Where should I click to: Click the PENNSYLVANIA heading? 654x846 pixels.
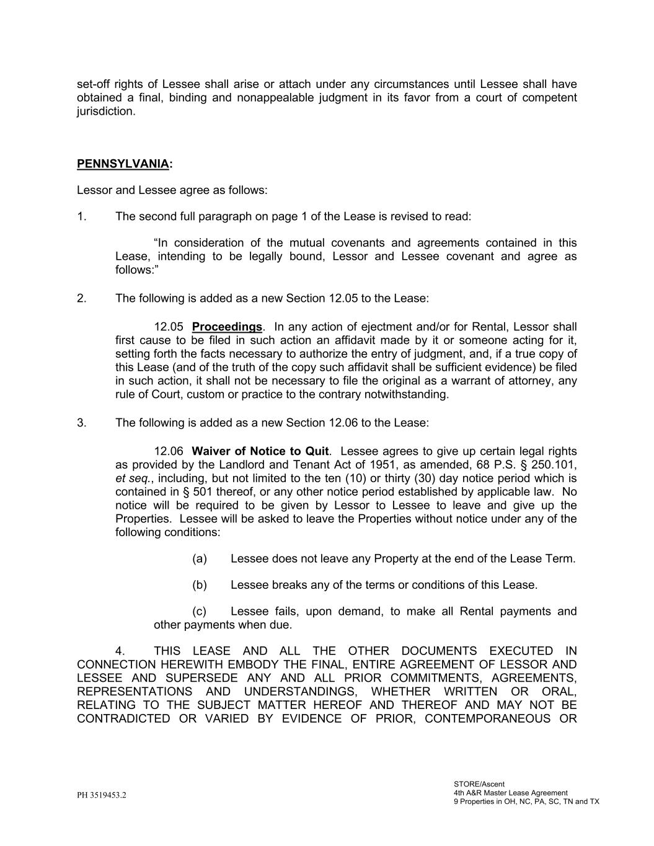coord(123,164)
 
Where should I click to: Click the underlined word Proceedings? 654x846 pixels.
coord(227,327)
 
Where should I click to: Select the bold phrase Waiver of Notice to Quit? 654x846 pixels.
coord(260,451)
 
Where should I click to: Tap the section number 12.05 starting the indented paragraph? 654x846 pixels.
coord(169,327)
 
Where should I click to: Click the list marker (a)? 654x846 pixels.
coord(199,559)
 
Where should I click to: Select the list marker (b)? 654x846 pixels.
coord(199,585)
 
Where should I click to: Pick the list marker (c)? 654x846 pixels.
coord(199,612)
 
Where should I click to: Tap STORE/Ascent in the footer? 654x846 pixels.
coord(479,784)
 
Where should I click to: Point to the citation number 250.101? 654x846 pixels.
coord(554,465)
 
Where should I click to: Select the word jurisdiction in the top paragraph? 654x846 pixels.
coord(105,112)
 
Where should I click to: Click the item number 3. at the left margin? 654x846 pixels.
coord(82,423)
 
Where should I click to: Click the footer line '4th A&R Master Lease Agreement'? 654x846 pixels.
coord(510,793)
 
